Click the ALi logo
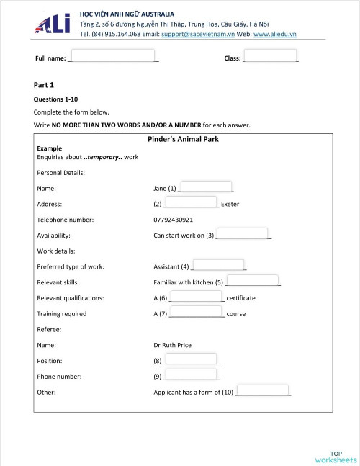[52, 24]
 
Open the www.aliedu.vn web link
[276, 34]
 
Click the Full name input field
[113, 56]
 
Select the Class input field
[270, 56]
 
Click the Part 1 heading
[44, 84]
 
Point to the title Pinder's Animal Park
[183, 140]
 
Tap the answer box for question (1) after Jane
[205, 187]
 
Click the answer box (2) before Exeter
[190, 203]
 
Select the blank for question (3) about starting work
[243, 234]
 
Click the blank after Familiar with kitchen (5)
[252, 281]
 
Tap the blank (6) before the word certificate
[197, 297]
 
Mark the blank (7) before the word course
[197, 313]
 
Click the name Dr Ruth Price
[173, 345]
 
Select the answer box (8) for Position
[191, 359]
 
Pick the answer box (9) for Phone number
[191, 375]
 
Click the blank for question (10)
[263, 391]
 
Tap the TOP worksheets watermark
[336, 456]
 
